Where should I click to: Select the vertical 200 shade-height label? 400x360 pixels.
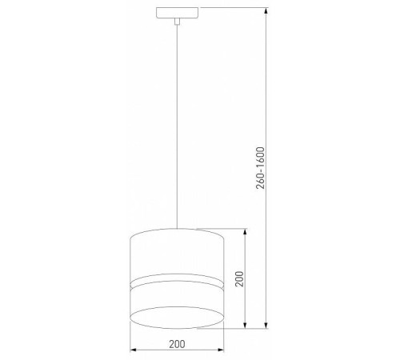238,278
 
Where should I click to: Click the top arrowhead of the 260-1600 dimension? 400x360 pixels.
265,12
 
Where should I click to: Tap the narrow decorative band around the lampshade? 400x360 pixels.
177,281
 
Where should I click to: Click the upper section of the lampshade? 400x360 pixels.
177,252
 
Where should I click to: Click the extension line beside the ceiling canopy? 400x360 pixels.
232,9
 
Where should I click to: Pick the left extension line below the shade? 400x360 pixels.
130,336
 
